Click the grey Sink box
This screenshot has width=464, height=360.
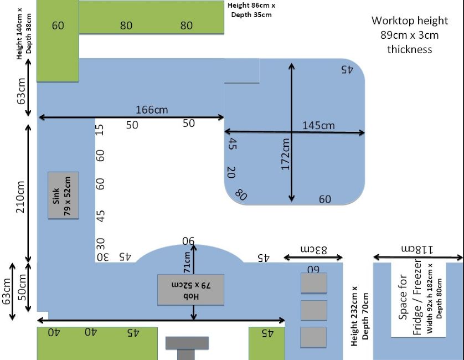[x=63, y=196]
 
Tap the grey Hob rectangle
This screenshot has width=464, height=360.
[x=190, y=290]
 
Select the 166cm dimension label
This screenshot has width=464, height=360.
[x=152, y=110]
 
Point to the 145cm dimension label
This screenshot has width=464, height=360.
[x=318, y=126]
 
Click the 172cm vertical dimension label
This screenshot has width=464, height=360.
[x=285, y=154]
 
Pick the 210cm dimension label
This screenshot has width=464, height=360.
[x=20, y=197]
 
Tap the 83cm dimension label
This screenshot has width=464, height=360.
[x=314, y=249]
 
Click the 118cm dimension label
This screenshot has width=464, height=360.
[x=417, y=249]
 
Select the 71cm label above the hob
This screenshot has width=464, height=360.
[x=187, y=263]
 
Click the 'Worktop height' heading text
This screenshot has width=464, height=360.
[x=410, y=20]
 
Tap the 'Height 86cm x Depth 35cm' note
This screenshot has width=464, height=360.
[x=251, y=10]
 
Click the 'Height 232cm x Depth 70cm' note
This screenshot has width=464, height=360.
[x=360, y=316]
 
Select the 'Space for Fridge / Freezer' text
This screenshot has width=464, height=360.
[x=410, y=297]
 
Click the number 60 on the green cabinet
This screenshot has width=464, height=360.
[x=58, y=25]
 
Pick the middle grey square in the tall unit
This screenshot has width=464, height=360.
[x=314, y=310]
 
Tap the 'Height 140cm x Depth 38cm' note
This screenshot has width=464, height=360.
[x=24, y=33]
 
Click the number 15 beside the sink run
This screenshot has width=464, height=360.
[x=100, y=130]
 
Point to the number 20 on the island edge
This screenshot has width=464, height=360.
[x=231, y=172]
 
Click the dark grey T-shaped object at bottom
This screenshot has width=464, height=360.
[x=187, y=348]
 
